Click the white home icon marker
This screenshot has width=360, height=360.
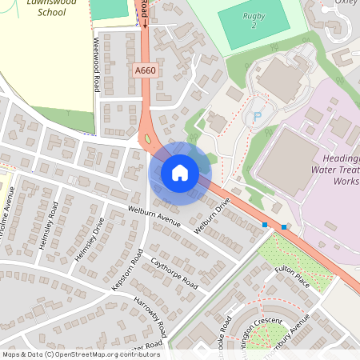pos(180,172)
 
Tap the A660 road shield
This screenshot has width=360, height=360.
pos(144,71)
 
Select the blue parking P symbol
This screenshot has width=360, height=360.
pos(257,118)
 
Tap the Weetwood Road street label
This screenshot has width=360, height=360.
pos(97,63)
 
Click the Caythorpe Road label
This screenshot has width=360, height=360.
pos(173,273)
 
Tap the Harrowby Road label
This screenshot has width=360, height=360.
pos(150,317)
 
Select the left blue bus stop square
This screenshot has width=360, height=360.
pos(265,225)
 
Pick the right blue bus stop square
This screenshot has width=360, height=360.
pos(284,227)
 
